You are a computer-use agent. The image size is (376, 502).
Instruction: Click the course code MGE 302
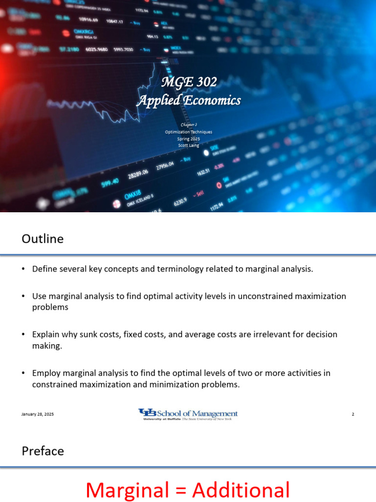[188, 82]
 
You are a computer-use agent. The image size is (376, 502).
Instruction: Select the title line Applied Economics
[188, 100]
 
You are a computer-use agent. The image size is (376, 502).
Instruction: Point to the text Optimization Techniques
[188, 132]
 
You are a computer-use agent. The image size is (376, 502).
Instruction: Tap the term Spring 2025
[188, 139]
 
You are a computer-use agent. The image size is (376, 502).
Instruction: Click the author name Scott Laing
[188, 145]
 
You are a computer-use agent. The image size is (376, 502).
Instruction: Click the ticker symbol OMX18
[133, 195]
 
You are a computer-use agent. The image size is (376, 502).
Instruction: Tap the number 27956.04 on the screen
[165, 167]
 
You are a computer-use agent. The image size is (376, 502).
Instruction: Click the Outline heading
[43, 239]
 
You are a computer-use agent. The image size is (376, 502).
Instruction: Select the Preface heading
[43, 451]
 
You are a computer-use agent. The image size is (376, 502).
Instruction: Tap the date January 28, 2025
[38, 414]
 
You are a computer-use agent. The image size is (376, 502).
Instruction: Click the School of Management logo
[188, 414]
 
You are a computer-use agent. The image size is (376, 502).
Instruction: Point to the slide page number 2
[353, 414]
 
